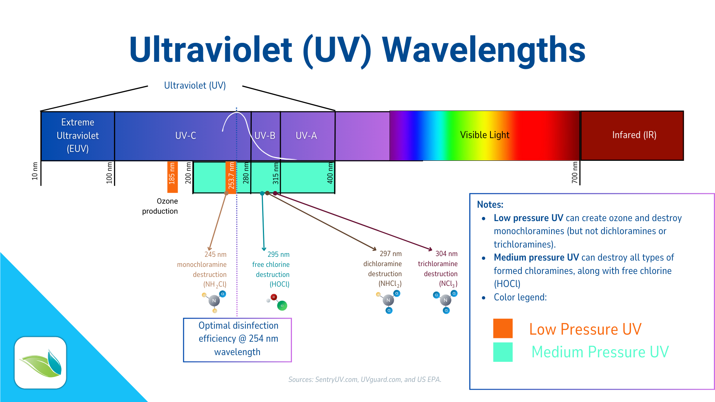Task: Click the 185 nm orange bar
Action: (x=172, y=177)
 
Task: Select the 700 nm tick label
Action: (x=575, y=172)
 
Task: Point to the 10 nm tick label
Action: (x=35, y=171)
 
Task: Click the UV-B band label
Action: (x=265, y=135)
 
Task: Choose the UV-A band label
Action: (x=306, y=135)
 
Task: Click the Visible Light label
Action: (x=484, y=135)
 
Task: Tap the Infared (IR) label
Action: (x=634, y=135)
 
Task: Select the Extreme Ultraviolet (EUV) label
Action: (x=77, y=135)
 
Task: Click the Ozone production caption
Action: (x=161, y=206)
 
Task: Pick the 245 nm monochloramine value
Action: (x=215, y=255)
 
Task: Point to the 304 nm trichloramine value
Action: (x=446, y=254)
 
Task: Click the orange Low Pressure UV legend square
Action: (x=503, y=328)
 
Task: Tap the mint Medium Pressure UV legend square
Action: (x=503, y=352)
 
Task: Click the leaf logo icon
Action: (x=41, y=363)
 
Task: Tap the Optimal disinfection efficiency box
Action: (x=238, y=339)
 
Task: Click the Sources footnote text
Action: (x=365, y=379)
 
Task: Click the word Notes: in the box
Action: (x=490, y=204)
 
